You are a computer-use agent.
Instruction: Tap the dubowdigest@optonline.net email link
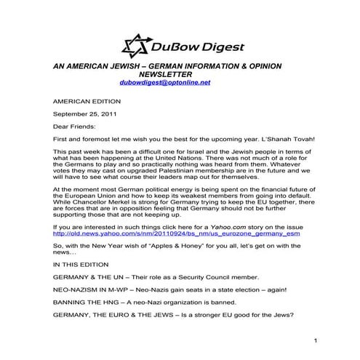[165, 83]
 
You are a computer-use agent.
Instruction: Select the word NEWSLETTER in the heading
[165, 74]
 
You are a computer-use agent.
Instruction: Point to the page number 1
[317, 340]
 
